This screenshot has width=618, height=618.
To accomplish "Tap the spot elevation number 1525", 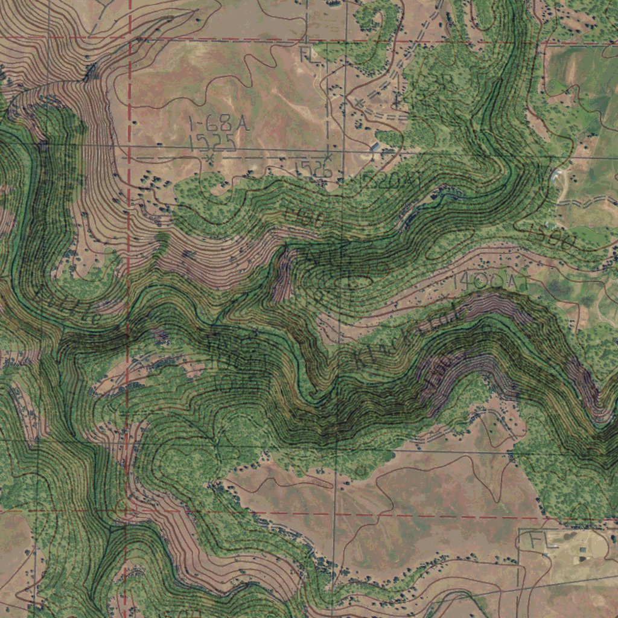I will [211, 143].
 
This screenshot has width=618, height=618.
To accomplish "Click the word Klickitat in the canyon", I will [410, 338].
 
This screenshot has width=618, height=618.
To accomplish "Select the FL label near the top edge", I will [308, 55].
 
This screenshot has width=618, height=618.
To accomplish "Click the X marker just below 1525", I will [210, 158].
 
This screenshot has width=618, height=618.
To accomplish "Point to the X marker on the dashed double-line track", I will [360, 103].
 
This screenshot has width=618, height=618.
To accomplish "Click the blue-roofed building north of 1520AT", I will [375, 147].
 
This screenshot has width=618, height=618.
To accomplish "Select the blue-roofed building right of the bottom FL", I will [583, 549].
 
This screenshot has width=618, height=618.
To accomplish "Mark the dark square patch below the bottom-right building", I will [583, 559].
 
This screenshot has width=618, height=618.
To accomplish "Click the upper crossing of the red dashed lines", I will [130, 38].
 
